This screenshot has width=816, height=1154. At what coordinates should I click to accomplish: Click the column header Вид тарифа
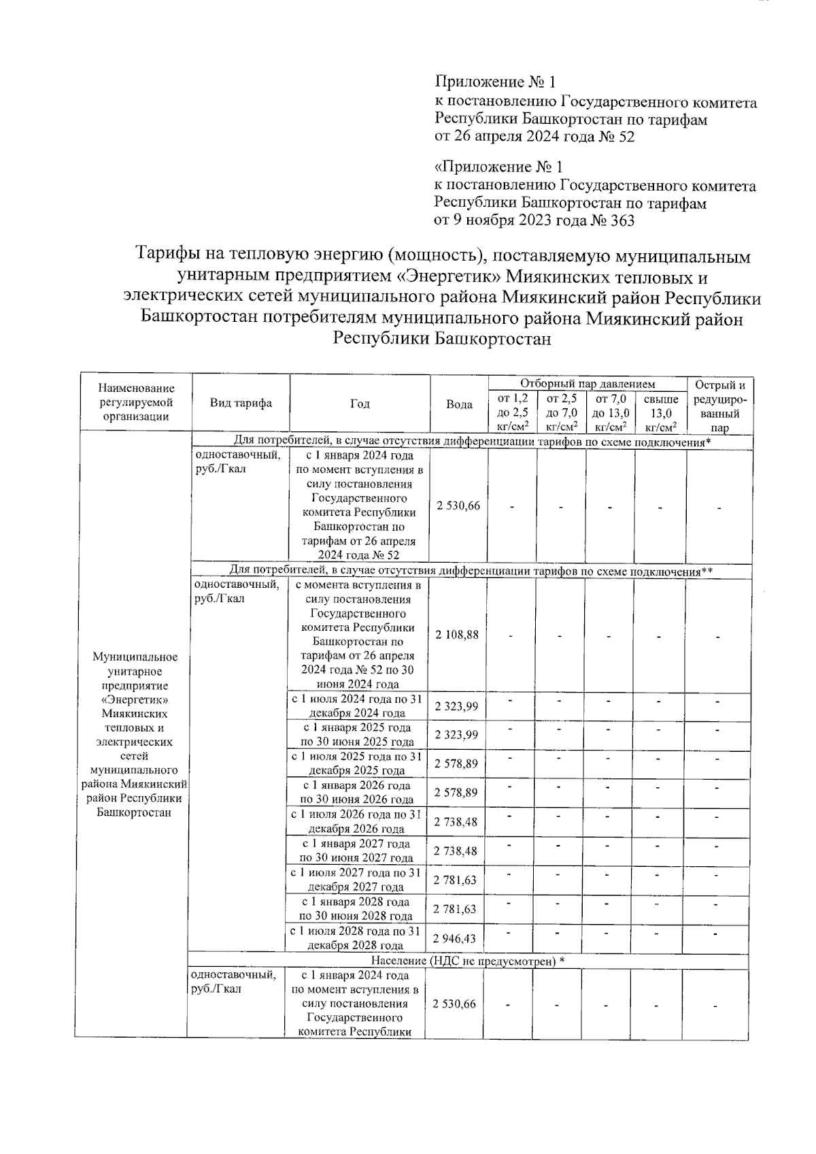(241, 403)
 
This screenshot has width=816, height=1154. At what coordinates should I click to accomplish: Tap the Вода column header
(459, 404)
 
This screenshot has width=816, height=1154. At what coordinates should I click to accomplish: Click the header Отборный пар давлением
(587, 384)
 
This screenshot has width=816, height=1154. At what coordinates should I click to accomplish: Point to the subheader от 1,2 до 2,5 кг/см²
(513, 412)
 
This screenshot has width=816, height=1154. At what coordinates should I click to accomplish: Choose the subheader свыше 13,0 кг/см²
(660, 412)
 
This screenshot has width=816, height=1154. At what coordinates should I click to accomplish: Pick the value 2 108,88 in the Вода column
(457, 634)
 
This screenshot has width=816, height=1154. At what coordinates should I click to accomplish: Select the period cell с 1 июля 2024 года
(356, 706)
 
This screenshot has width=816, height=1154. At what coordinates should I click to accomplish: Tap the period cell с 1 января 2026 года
(356, 793)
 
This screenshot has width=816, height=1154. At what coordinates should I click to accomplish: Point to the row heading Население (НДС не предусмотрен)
(468, 960)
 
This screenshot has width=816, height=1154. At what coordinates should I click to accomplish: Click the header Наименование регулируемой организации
(136, 402)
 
